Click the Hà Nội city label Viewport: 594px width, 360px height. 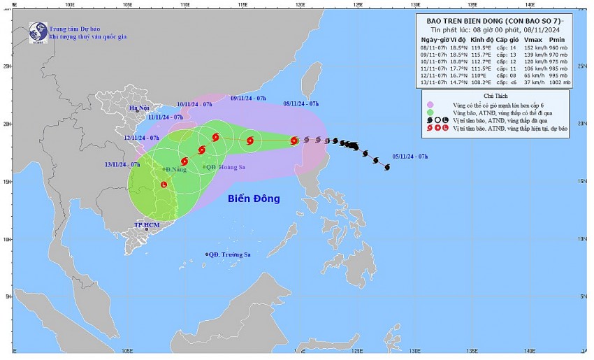click(140, 108)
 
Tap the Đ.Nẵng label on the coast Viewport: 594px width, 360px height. click(175, 169)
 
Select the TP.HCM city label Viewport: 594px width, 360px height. click(147, 224)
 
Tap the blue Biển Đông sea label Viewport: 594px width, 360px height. click(254, 199)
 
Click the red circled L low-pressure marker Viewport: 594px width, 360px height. click(164, 185)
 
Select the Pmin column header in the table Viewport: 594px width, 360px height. click(558, 38)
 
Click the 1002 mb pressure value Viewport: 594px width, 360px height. click(558, 82)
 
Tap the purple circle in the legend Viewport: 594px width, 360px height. click(430, 105)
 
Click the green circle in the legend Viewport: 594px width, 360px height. click(430, 113)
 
